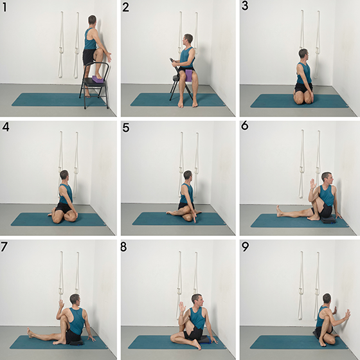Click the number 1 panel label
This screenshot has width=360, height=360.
click(4, 7)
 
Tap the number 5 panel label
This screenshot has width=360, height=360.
click(125, 127)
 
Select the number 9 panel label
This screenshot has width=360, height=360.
click(245, 247)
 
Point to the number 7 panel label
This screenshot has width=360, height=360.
click(4, 247)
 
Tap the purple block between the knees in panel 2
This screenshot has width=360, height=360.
click(189, 76)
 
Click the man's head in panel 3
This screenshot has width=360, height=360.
click(303, 53)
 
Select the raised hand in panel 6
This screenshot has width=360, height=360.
click(312, 184)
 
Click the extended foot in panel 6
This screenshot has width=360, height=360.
click(279, 211)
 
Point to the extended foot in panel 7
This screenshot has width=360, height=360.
click(30, 333)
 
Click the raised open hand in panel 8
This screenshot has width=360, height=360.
click(183, 307)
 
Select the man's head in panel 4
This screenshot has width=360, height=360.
click(64, 175)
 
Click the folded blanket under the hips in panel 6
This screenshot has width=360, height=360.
click(328, 220)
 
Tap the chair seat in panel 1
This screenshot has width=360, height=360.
click(94, 82)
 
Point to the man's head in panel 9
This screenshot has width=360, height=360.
click(327, 298)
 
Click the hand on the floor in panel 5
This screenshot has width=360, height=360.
click(195, 218)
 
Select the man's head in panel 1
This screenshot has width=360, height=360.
click(93, 20)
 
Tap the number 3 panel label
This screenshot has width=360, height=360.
click(245, 6)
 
